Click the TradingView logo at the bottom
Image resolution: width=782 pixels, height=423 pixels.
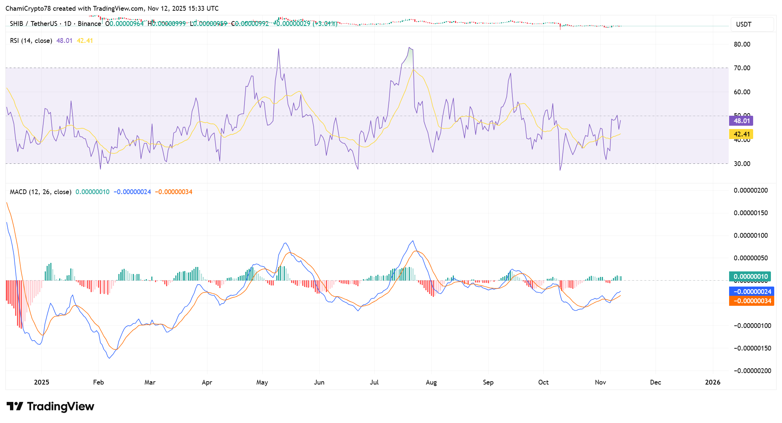pyautogui.click(x=50, y=406)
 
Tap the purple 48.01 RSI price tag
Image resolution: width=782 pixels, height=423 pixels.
pyautogui.click(x=741, y=121)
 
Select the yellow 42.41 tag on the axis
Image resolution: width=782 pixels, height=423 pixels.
pyautogui.click(x=741, y=134)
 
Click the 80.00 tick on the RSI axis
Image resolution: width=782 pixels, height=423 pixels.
pyautogui.click(x=742, y=44)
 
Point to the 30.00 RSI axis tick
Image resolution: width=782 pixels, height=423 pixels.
pyautogui.click(x=742, y=164)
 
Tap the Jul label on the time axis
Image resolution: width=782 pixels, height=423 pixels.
pyautogui.click(x=374, y=382)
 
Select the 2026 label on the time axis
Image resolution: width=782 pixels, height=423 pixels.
pyautogui.click(x=712, y=382)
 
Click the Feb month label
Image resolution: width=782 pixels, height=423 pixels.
pyautogui.click(x=98, y=382)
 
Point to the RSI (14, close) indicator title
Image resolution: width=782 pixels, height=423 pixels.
pyautogui.click(x=31, y=41)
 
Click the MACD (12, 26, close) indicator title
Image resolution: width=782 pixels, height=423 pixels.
pyautogui.click(x=41, y=192)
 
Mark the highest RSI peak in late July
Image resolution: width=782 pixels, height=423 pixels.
pyautogui.click(x=409, y=47)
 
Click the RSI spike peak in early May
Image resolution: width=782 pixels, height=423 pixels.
pyautogui.click(x=279, y=49)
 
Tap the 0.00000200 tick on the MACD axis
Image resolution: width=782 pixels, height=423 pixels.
pyautogui.click(x=751, y=190)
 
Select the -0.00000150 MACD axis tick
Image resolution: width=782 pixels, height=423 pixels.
pyautogui.click(x=751, y=348)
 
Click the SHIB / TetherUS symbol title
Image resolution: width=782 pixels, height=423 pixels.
pyautogui.click(x=33, y=24)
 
